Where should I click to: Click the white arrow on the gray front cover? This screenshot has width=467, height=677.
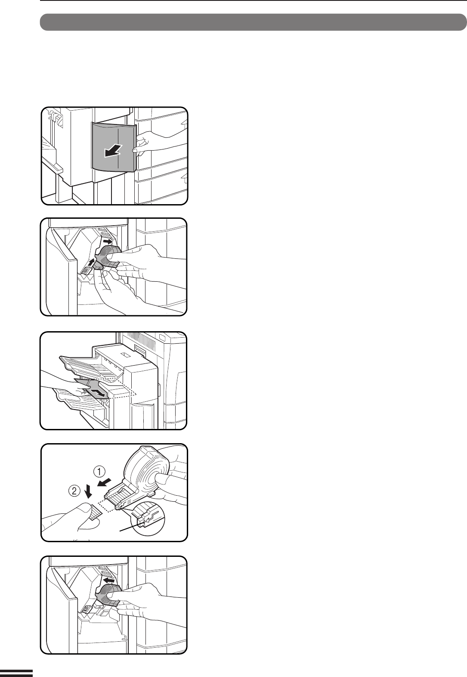113,150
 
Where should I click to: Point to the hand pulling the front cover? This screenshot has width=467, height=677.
160,143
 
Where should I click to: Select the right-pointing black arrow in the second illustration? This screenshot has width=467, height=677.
108,241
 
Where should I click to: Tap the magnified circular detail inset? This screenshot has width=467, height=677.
148,519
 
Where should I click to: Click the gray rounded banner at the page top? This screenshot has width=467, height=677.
254,22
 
